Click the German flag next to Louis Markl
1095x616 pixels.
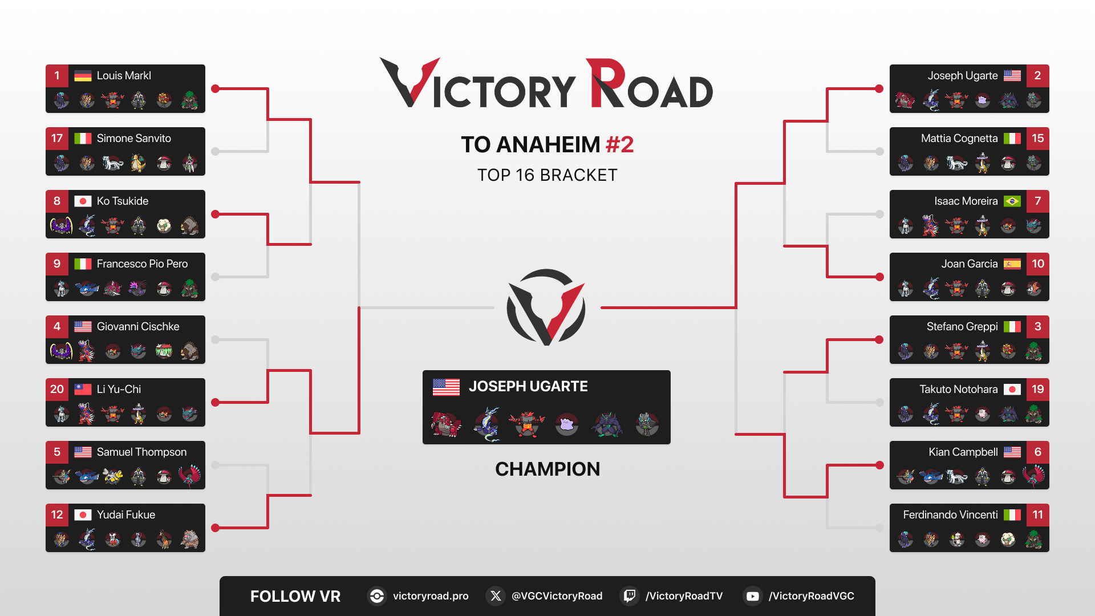click(x=83, y=76)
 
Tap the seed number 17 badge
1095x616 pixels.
click(x=57, y=139)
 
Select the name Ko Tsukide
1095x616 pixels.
click(x=123, y=201)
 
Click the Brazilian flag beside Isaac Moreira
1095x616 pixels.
click(x=1012, y=201)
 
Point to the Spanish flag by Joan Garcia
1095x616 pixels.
click(x=1012, y=264)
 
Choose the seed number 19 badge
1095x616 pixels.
click(x=1038, y=390)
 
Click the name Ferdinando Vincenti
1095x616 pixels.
click(x=950, y=515)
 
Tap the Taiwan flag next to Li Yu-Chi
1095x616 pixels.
click(x=83, y=390)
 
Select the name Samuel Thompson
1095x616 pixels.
click(x=141, y=452)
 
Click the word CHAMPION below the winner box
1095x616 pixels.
click(x=547, y=469)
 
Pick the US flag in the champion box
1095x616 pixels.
click(x=446, y=387)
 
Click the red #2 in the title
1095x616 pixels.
click(x=619, y=145)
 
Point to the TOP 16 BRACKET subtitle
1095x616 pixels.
click(x=547, y=175)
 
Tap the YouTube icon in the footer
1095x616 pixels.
click(x=752, y=596)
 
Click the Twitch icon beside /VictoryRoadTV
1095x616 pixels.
click(x=629, y=596)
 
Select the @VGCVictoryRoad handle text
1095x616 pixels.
click(x=557, y=596)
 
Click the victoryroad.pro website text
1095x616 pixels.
click(x=431, y=596)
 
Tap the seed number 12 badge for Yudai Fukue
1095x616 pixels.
click(x=57, y=515)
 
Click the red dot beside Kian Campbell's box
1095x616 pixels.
click(x=879, y=465)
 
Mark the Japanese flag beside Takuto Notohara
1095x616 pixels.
click(x=1012, y=390)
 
